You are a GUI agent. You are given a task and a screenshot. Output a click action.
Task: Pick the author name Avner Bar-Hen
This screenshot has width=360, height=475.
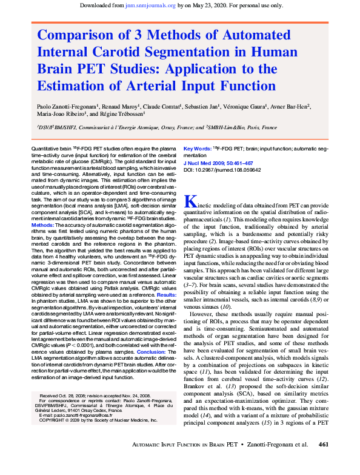[289, 106]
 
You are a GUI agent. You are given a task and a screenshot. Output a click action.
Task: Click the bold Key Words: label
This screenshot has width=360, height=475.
[198, 148]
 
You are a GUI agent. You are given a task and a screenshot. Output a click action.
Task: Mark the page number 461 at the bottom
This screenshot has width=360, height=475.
[323, 462]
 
